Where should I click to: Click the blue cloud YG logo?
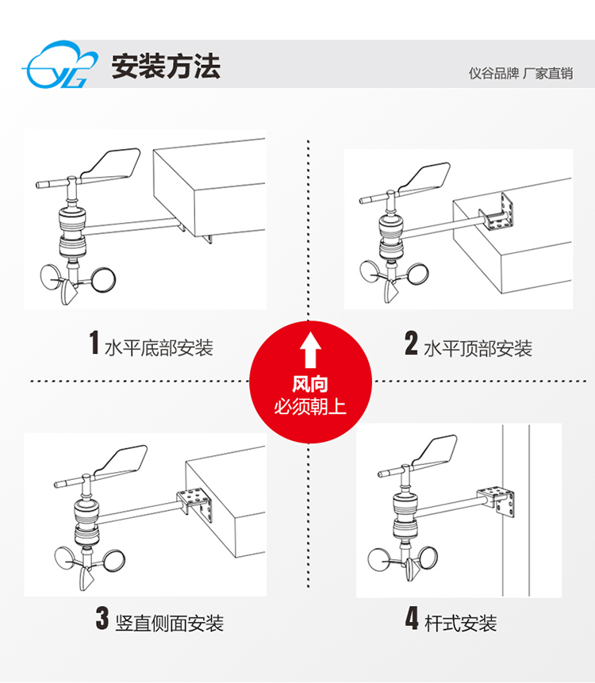click(x=59, y=64)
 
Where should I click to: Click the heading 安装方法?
click(x=166, y=66)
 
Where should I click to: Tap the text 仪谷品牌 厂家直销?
click(x=520, y=73)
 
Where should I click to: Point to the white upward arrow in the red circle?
click(x=310, y=349)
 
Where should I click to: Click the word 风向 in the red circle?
click(x=309, y=384)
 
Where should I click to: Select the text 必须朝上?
click(x=310, y=407)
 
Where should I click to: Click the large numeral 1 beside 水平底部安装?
click(x=94, y=343)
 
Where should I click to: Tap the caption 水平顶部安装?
click(x=478, y=349)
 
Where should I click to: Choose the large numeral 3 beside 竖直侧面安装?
click(x=102, y=618)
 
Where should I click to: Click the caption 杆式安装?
click(x=460, y=624)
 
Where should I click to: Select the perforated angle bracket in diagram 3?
click(x=196, y=503)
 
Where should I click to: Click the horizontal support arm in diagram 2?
click(x=443, y=228)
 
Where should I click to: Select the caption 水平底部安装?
click(x=159, y=348)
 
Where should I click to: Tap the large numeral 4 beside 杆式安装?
click(x=412, y=618)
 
